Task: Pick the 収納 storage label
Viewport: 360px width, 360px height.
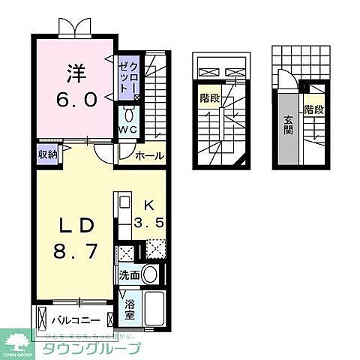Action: (x=48, y=154)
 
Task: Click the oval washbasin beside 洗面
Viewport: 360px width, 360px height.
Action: (x=150, y=274)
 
